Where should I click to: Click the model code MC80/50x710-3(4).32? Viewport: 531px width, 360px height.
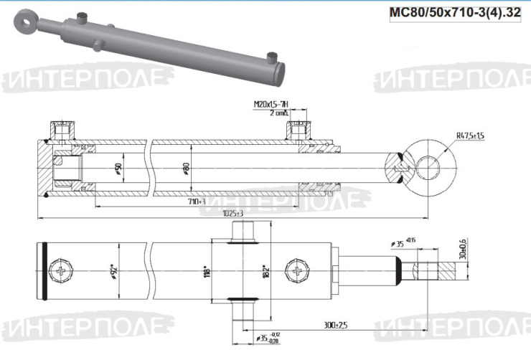[454, 12]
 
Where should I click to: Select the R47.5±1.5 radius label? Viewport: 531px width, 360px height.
[471, 135]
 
